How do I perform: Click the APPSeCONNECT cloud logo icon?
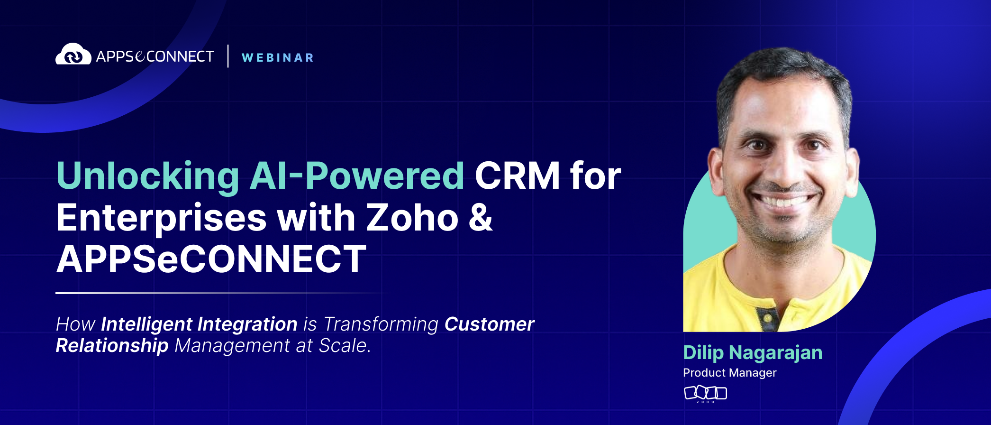(x=73, y=54)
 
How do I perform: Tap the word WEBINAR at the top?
(x=278, y=58)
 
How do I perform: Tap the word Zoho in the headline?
(x=413, y=218)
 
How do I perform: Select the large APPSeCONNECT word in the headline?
(x=211, y=259)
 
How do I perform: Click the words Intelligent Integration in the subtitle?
(x=199, y=324)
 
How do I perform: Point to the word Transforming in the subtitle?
(x=381, y=324)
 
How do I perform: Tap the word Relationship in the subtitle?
(x=112, y=345)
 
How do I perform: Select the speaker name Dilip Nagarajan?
(x=753, y=353)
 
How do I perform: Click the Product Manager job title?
(x=730, y=373)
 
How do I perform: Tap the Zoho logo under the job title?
(x=705, y=394)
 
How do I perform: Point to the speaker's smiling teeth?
(x=784, y=201)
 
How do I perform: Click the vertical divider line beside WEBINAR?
(x=228, y=56)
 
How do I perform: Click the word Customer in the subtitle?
(x=489, y=324)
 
